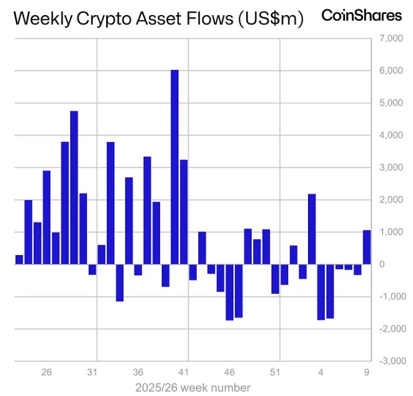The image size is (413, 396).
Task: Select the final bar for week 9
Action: coord(367,247)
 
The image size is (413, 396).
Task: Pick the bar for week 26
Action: coord(46,217)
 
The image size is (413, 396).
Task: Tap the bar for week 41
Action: coord(184,212)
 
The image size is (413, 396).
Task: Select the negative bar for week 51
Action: coord(275,279)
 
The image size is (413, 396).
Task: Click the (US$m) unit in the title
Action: coord(270,19)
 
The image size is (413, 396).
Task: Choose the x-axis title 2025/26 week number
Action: coord(193,387)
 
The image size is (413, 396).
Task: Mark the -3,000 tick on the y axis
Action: coord(387,361)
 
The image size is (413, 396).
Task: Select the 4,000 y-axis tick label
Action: coord(389,136)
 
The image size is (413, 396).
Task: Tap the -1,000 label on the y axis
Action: coord(387,297)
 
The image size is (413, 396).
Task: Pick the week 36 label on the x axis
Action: coord(138,372)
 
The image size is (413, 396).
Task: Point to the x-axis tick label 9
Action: coord(367,372)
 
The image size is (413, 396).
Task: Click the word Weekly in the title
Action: coord(37,19)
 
